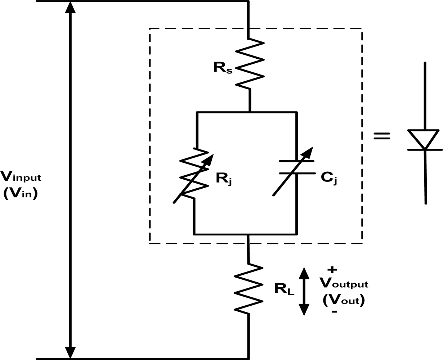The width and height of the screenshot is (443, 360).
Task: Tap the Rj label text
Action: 224,179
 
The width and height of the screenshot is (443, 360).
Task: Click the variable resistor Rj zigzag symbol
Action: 194,173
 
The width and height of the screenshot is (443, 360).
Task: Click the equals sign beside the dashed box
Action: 382,136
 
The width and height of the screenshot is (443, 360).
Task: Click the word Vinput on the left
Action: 21,177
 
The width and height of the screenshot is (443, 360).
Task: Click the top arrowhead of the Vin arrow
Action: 70,7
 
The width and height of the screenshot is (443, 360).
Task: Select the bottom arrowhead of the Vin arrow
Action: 70,352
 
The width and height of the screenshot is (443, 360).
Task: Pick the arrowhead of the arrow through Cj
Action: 309,151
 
